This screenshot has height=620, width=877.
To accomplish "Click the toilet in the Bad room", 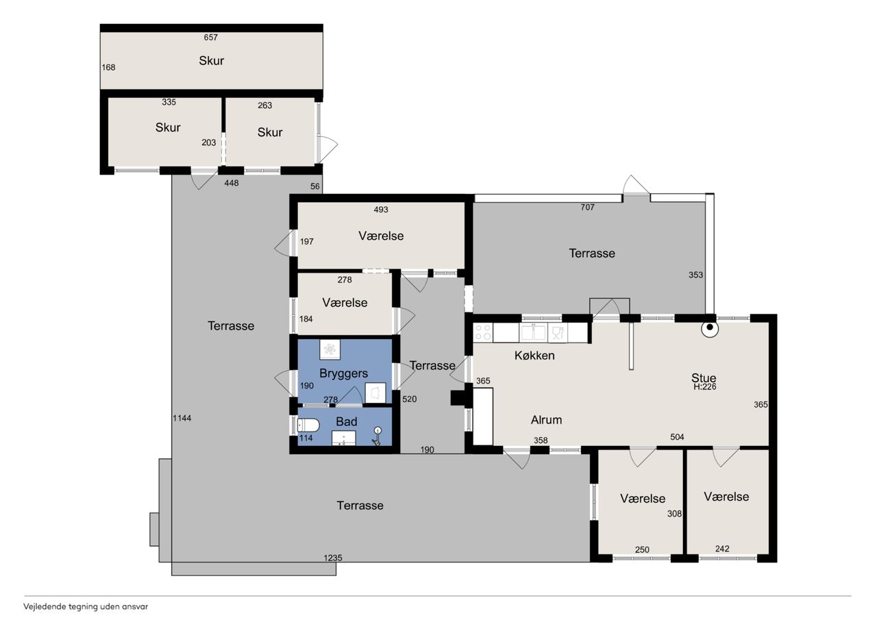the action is pyautogui.click(x=308, y=425).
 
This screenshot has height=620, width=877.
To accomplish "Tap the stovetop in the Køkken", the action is pyautogui.click(x=483, y=333).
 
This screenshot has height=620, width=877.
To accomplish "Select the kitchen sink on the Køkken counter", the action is pyautogui.click(x=533, y=333).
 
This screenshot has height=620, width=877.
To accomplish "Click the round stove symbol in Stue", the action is pyautogui.click(x=709, y=329).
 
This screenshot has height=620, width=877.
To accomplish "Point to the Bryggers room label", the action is pyautogui.click(x=343, y=373).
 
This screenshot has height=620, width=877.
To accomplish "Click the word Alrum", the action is pyautogui.click(x=546, y=420).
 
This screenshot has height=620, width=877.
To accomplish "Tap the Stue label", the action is pyautogui.click(x=704, y=377).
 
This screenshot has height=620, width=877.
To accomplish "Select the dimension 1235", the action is pyautogui.click(x=333, y=558).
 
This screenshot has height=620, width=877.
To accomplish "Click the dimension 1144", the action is pyautogui.click(x=182, y=418).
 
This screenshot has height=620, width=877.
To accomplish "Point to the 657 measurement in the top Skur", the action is pyautogui.click(x=210, y=37).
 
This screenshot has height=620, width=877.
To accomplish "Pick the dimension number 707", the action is pyautogui.click(x=587, y=207).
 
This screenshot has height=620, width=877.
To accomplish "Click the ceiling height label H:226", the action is pyautogui.click(x=705, y=386).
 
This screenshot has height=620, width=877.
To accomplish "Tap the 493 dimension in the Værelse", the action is pyautogui.click(x=380, y=210).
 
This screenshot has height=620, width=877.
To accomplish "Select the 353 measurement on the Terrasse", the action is pyautogui.click(x=695, y=275).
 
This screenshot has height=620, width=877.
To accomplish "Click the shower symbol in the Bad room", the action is pyautogui.click(x=377, y=436).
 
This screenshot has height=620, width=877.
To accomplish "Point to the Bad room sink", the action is pyautogui.click(x=343, y=438).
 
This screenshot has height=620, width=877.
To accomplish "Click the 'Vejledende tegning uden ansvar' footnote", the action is pyautogui.click(x=86, y=607).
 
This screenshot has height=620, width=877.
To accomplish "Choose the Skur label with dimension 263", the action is pyautogui.click(x=270, y=132).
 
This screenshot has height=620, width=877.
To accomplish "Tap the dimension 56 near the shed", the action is pyautogui.click(x=314, y=186).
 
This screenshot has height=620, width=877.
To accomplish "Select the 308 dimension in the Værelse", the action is pyautogui.click(x=674, y=514).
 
